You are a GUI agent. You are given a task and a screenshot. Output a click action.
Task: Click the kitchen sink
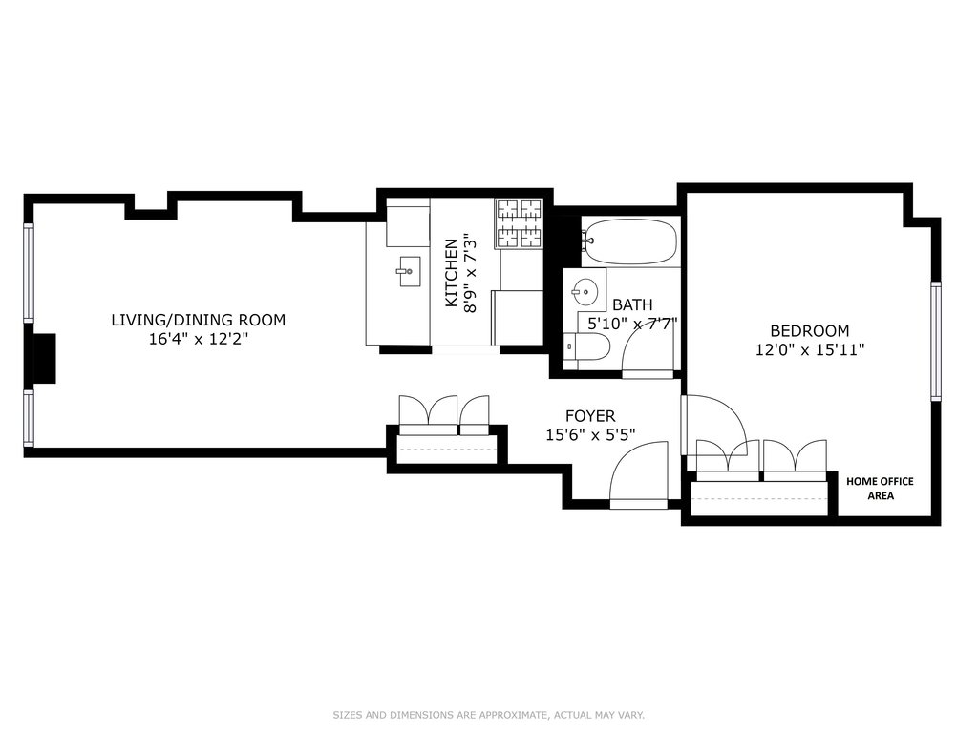pos(409,272)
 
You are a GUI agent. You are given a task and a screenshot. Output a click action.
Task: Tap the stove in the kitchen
pos(519,223)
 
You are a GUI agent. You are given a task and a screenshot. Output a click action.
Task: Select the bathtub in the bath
pos(630,241)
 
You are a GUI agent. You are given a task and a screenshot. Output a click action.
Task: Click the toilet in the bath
pos(586,347)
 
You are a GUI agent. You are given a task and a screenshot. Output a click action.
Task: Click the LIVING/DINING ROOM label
pos(199,320)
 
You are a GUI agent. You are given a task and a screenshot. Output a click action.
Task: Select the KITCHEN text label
pos(451,273)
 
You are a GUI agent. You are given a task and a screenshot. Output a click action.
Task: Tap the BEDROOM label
pos(810,330)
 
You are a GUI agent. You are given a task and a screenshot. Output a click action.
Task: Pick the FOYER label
pos(590,416)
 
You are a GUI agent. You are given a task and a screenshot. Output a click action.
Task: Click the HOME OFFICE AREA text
pos(880,488)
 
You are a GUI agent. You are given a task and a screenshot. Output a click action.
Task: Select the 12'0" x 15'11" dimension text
pos(810,349)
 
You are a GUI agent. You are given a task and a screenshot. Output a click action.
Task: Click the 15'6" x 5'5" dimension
pos(590,434)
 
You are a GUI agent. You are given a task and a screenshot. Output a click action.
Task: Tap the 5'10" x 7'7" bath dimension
pos(632,324)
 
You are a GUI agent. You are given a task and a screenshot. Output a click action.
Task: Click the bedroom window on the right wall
pos(936,341)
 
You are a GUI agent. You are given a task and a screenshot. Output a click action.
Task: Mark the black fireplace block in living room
pos(44,359)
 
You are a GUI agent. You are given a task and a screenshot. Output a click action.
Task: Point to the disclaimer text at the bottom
pos(488,715)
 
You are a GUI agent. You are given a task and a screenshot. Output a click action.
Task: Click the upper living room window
pos(28,272)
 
